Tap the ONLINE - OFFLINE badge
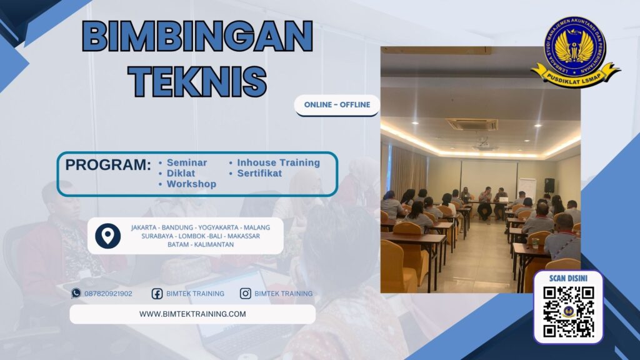pos(337,105)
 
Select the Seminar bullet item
pos(186,162)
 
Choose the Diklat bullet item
pos(181,173)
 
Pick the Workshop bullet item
pos(191,184)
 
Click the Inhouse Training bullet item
pos(278,162)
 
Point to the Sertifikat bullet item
pos(259,173)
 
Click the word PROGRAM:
pos(108,166)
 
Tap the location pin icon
pos(107,236)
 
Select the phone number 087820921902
pos(108,293)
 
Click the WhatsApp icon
pos(76,293)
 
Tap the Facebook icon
pos(157,293)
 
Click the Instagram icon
pos(246,293)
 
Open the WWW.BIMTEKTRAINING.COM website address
pos(192,314)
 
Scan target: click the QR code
pos(568,312)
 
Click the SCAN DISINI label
pos(568,278)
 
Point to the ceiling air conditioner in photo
pos(471,124)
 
